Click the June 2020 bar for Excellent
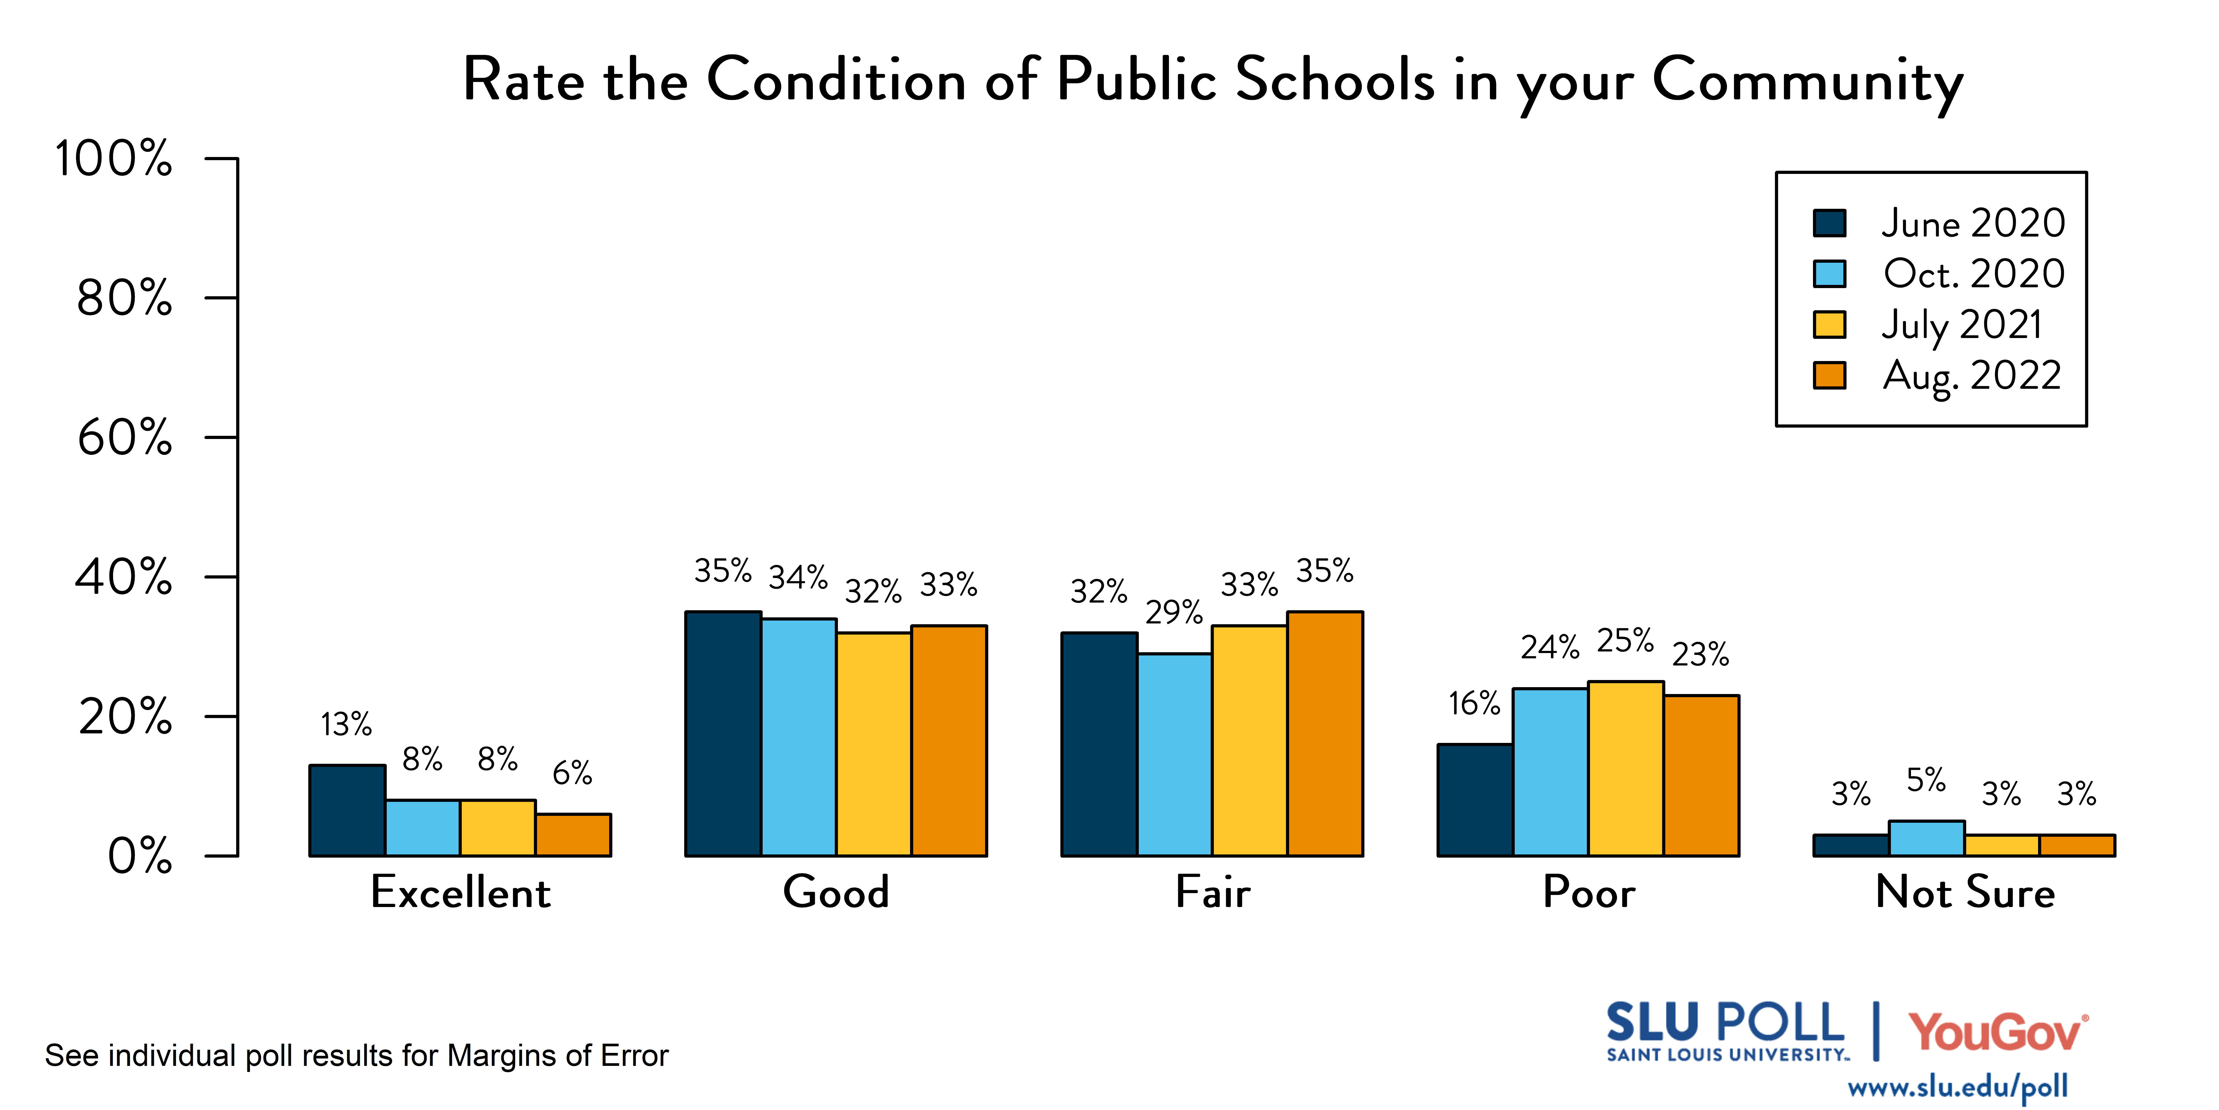click(x=347, y=810)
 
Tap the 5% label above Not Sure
click(x=1926, y=780)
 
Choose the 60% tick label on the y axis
click(x=125, y=438)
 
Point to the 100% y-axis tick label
click(x=114, y=159)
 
